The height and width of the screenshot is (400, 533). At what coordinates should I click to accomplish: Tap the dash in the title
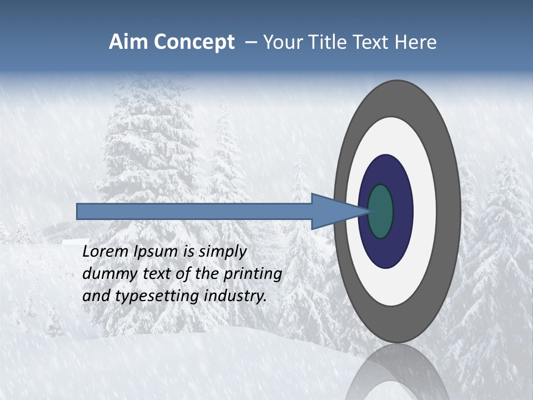[250, 42]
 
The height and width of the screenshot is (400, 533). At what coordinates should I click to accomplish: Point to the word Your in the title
[283, 42]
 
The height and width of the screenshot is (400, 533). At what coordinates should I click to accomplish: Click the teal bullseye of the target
[380, 211]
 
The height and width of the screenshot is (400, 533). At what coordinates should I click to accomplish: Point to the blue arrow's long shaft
[194, 211]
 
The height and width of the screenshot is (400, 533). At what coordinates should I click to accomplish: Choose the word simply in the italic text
[222, 252]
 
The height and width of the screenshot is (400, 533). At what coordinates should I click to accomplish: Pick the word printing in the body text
[253, 274]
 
